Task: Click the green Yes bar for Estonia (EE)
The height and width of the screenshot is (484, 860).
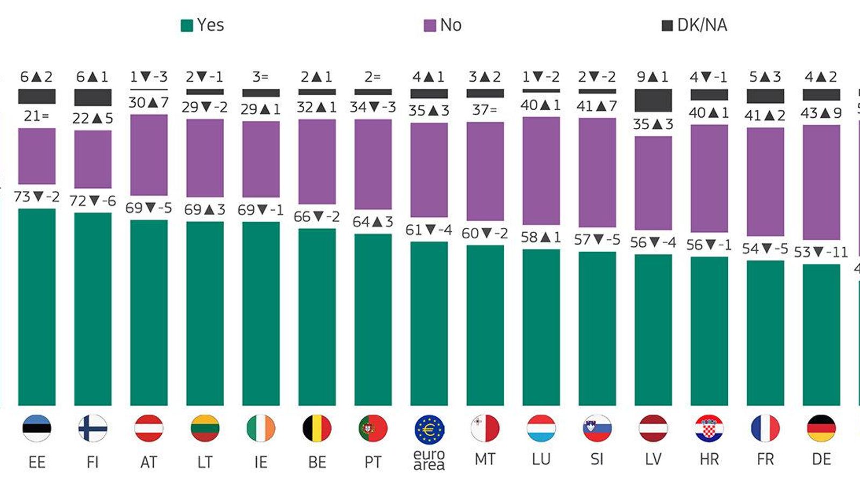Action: tap(37, 307)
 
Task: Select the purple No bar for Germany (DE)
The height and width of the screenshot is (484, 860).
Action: tap(821, 182)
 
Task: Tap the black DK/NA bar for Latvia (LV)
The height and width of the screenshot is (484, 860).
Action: tap(653, 100)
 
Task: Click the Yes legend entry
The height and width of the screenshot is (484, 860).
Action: tap(203, 25)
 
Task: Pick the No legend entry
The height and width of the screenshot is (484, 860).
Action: tap(443, 25)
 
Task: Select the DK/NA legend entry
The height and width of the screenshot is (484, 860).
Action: tap(694, 25)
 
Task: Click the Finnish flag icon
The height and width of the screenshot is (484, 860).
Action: tap(92, 429)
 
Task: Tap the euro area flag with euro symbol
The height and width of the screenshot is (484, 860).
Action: tap(429, 430)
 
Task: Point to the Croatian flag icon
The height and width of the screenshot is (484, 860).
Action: tap(709, 429)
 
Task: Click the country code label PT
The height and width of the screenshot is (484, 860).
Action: tap(372, 462)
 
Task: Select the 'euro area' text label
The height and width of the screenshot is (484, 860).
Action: tap(429, 460)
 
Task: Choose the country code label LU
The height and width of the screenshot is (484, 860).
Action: tap(541, 459)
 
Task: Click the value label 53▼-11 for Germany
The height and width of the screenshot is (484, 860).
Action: tap(821, 252)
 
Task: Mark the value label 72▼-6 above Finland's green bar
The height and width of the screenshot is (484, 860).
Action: tap(92, 201)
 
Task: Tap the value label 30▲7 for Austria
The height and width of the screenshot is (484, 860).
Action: tap(149, 102)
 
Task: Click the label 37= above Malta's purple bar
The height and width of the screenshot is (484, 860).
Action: tap(484, 110)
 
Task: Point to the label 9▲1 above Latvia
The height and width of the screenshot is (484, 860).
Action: tap(653, 77)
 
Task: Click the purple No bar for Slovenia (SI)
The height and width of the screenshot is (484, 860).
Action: tap(597, 172)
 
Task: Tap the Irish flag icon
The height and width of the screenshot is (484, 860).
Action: tap(261, 429)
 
